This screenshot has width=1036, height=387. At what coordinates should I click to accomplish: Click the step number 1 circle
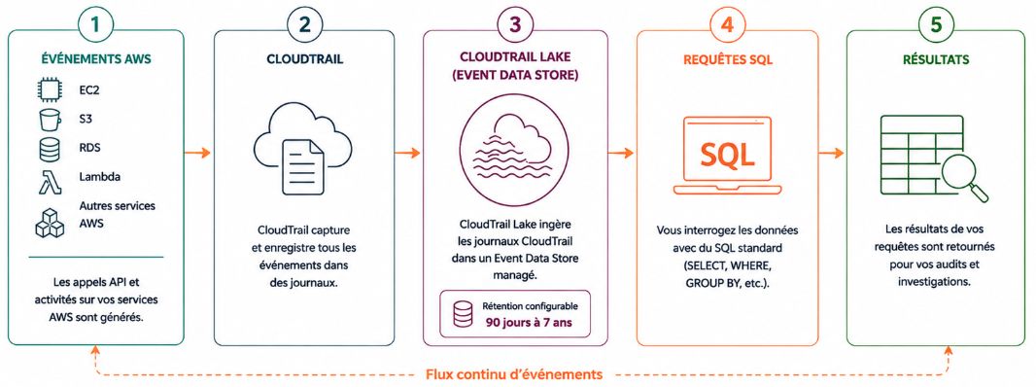point(96,25)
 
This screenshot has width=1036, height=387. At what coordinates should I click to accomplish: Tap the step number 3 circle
point(515,25)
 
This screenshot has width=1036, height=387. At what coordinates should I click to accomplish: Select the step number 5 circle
point(936,25)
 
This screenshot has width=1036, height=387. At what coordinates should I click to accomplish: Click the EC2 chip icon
point(49,90)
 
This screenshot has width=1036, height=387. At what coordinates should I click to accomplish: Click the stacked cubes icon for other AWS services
point(50,222)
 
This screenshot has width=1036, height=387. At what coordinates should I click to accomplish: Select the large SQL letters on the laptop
point(727,156)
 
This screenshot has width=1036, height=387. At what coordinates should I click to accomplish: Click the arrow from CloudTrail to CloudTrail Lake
point(407,153)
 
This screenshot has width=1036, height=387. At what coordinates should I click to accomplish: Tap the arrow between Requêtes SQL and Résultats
point(831,153)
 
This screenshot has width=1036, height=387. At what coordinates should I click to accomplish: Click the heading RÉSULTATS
point(936,59)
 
